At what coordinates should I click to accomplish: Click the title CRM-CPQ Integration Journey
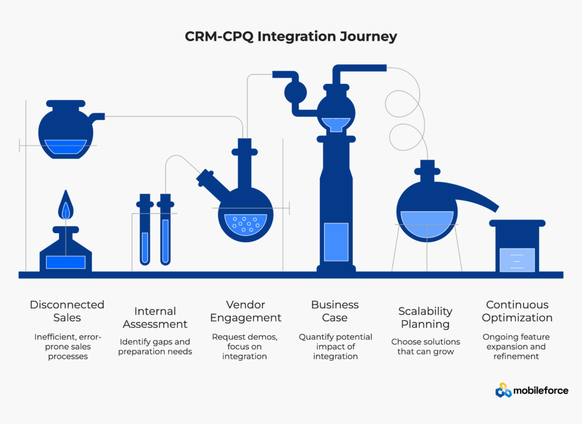[291, 37]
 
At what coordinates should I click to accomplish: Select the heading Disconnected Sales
[67, 311]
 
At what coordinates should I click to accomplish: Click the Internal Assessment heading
[155, 318]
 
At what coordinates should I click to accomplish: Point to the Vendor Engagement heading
[246, 311]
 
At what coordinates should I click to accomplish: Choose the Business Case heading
[335, 311]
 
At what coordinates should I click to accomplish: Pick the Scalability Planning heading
[425, 318]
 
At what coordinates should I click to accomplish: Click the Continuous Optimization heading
[517, 311]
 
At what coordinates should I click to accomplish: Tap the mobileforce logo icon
[504, 390]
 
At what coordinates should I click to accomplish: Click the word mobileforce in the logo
[541, 390]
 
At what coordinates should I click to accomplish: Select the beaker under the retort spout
[517, 247]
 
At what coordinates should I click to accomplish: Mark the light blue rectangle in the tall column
[335, 242]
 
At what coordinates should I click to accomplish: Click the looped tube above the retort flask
[406, 114]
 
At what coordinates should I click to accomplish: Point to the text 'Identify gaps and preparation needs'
[155, 347]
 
